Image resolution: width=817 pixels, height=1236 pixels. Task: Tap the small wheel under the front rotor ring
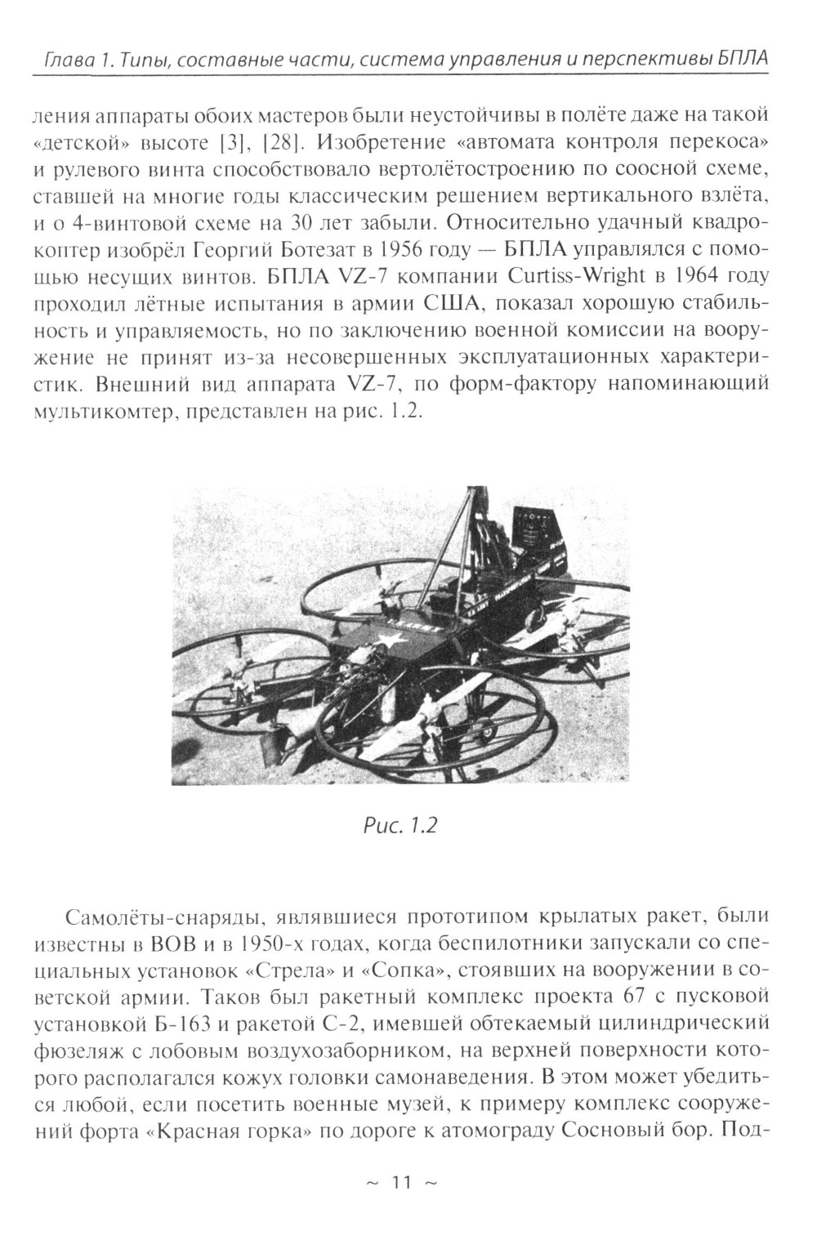[x=487, y=733]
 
